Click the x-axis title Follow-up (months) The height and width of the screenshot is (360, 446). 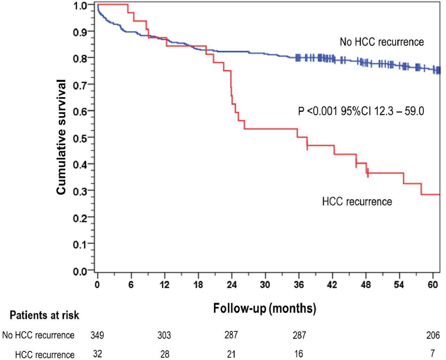point(264,308)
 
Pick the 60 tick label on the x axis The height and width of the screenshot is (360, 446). point(433,284)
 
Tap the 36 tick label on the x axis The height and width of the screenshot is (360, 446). point(299,284)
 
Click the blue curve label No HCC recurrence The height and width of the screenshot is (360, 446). point(382,42)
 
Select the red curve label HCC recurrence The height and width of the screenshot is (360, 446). point(357,202)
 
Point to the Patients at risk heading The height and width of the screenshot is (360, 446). point(44,315)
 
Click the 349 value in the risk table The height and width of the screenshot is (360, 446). point(97,335)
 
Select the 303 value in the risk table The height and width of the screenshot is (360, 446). point(164,335)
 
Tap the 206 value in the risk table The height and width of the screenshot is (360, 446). point(433,335)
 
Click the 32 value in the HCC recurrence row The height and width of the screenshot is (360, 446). point(97,354)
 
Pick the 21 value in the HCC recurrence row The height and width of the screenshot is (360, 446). point(231,354)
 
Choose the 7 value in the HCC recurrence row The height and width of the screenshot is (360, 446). point(433,353)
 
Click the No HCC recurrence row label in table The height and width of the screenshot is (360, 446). point(38,335)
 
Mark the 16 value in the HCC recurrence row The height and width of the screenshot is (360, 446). point(299,354)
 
